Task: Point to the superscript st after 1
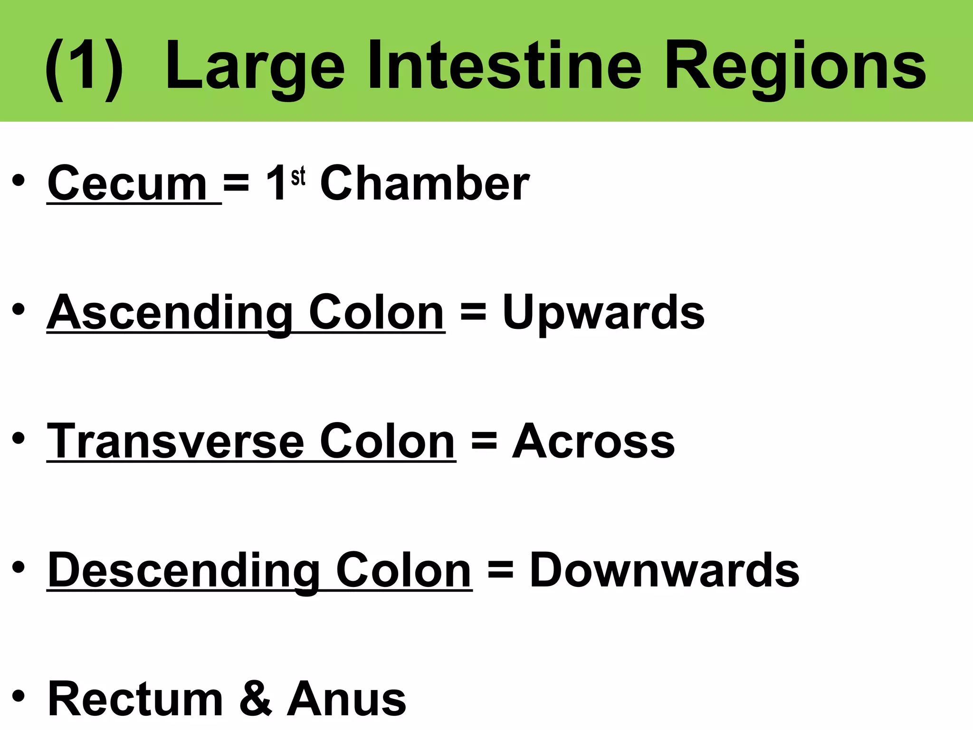click(298, 177)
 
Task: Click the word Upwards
click(603, 313)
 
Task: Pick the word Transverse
click(175, 442)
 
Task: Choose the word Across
click(593, 442)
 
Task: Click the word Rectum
click(135, 699)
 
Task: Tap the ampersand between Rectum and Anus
click(256, 699)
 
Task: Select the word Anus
click(346, 699)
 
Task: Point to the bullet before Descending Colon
click(19, 568)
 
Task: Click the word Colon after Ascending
click(377, 313)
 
